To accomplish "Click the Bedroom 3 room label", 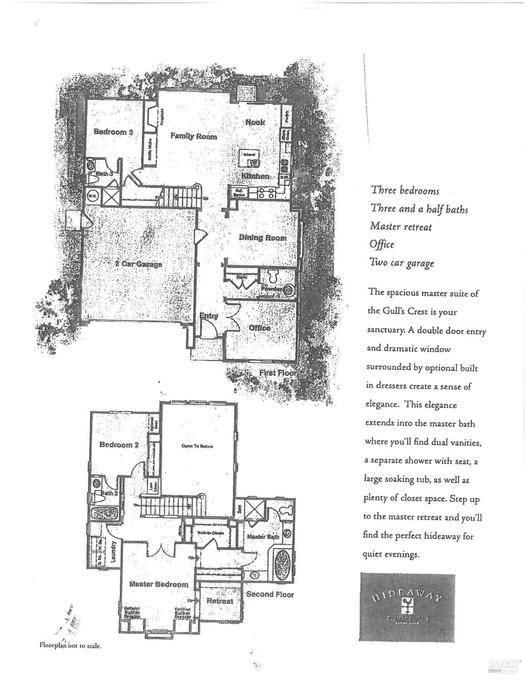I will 113,132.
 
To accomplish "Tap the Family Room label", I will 193,136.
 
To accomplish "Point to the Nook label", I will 255,122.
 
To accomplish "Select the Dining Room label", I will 262,238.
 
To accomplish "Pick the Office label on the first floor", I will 259,328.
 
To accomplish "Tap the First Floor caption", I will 277,373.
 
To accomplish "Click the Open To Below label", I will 197,446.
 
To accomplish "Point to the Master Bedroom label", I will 158,584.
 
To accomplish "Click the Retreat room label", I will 220,601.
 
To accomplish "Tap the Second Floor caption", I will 270,594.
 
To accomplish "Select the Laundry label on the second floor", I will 114,551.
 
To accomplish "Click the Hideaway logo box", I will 407,607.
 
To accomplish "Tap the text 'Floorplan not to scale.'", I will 70,645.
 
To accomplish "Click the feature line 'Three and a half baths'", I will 419,209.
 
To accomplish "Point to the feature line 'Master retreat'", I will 401,226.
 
